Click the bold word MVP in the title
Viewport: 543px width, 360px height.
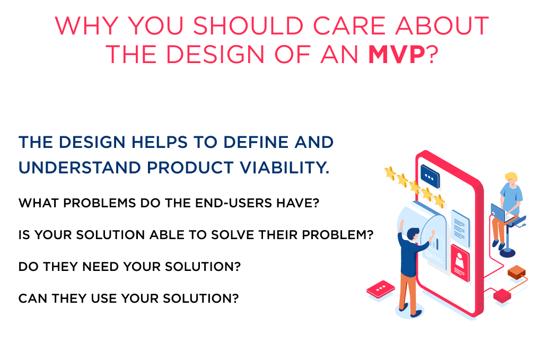pyautogui.click(x=397, y=55)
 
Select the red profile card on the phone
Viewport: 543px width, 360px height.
pyautogui.click(x=460, y=260)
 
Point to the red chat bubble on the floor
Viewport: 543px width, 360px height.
pyautogui.click(x=381, y=289)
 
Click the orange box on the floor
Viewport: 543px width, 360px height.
pyautogui.click(x=515, y=273)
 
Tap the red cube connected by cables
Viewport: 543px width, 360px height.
pyautogui.click(x=502, y=295)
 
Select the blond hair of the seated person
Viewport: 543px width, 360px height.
pyautogui.click(x=511, y=176)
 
